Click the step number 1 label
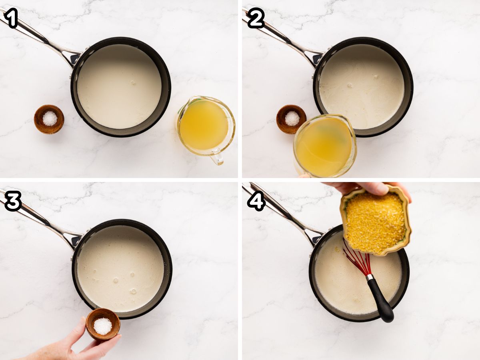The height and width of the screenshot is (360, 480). tap(10, 18)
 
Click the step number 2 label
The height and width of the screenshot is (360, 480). tap(256, 18)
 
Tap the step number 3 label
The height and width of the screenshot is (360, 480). tap(13, 201)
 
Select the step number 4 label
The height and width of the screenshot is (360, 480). tap(256, 201)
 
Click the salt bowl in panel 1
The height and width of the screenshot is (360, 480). tap(49, 119)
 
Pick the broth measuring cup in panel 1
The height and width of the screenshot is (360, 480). tap(206, 128)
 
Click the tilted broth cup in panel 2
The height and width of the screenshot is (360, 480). tap(325, 145)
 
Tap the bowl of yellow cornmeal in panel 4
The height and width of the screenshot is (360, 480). tap(376, 220)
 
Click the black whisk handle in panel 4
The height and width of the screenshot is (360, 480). tap(380, 300)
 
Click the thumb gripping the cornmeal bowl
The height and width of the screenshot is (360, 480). tap(374, 188)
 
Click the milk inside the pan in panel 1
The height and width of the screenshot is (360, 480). tap(119, 86)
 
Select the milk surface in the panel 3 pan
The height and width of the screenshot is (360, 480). tap(120, 269)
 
